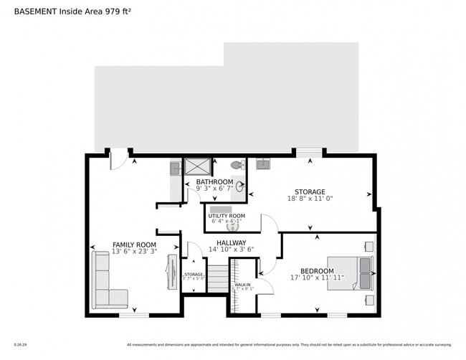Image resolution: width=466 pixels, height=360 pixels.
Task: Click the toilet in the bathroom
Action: [x=236, y=165]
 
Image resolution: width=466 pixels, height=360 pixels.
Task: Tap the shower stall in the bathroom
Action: [x=197, y=166]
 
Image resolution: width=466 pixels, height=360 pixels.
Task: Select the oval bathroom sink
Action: [x=239, y=187]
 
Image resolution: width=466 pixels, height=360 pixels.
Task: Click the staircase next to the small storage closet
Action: [x=217, y=278]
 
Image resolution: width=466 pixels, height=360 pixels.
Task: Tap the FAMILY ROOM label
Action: [x=134, y=245]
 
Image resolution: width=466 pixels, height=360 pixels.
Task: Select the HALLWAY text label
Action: [x=232, y=242]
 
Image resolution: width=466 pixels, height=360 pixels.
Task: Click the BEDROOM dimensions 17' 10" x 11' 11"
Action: [x=318, y=278]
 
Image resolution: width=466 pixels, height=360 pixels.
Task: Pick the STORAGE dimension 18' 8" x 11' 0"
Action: [x=310, y=199]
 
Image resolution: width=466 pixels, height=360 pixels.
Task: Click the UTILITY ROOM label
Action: [x=227, y=216]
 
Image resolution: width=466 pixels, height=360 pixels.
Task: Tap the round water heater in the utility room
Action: [x=222, y=227]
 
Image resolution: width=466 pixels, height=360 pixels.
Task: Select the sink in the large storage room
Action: [x=262, y=164]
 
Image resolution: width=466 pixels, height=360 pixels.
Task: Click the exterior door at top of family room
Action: [x=119, y=160]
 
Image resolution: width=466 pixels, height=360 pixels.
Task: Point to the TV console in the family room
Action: [x=172, y=272]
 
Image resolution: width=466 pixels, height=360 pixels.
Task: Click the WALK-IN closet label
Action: [x=242, y=285]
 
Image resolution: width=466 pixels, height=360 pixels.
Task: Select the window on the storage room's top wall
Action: [x=309, y=152]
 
